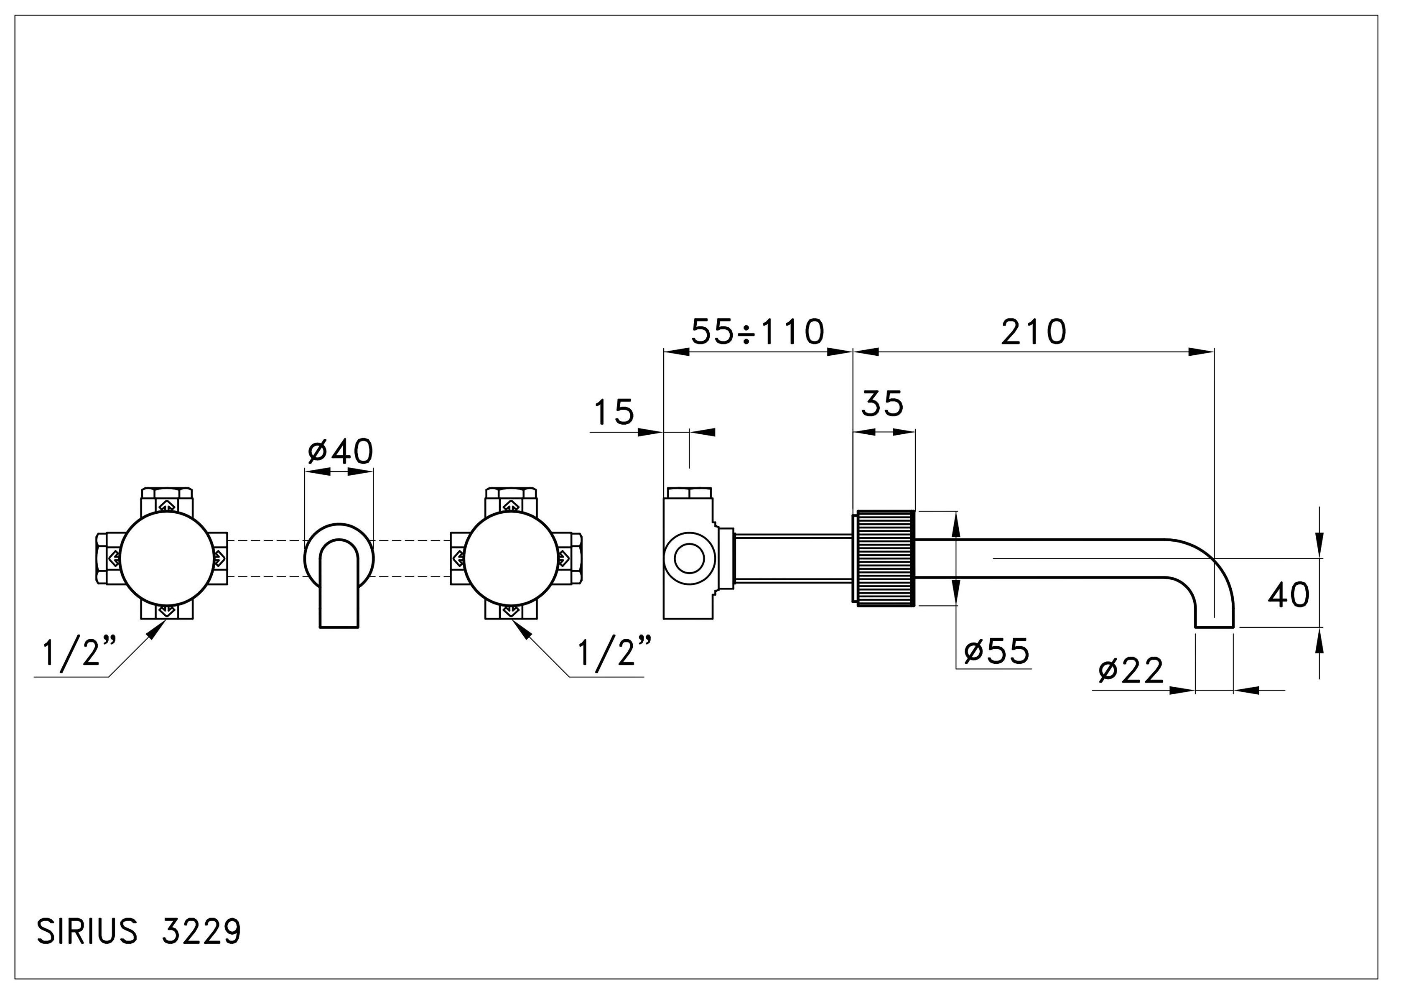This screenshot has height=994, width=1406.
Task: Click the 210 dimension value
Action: coord(1033,333)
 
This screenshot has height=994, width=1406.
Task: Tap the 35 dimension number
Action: coord(882,404)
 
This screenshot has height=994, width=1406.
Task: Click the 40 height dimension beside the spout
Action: coord(1288,595)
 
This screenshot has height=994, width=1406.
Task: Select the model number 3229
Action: coord(201,933)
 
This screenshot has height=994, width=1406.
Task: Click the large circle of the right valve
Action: coord(510,558)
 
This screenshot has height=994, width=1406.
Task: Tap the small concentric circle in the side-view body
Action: coord(690,558)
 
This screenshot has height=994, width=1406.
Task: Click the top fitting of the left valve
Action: coord(167,501)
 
